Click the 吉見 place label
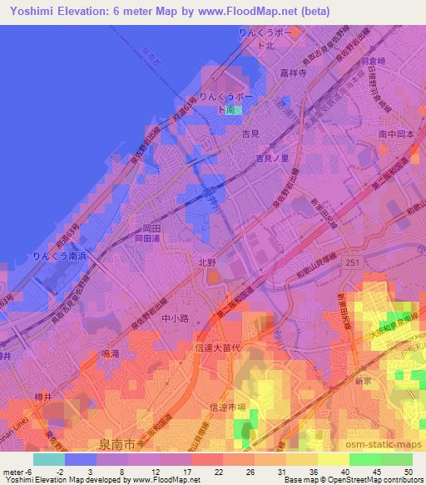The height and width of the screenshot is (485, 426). click(250, 132)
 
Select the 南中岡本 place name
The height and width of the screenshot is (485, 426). click(395, 132)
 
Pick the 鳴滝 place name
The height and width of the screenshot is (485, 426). click(110, 354)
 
